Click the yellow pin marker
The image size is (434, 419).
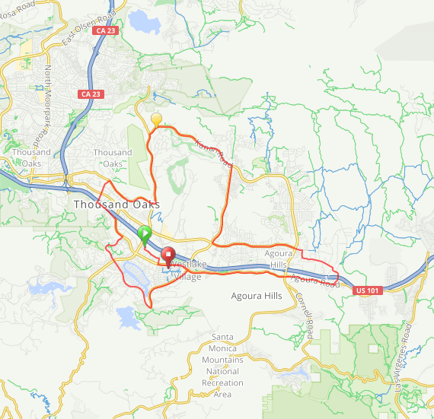pyautogui.click(x=157, y=119)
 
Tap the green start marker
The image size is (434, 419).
pyautogui.click(x=145, y=233)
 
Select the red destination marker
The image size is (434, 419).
pyautogui.click(x=168, y=256)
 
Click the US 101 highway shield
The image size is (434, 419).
pyautogui.click(x=367, y=289)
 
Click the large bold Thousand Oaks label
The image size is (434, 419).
pyautogui.click(x=117, y=205)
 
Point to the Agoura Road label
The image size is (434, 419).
pyautogui.click(x=315, y=281)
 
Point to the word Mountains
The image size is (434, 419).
pyautogui.click(x=223, y=359)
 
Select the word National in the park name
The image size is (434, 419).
pyautogui.click(x=223, y=371)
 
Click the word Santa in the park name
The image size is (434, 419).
pyautogui.click(x=223, y=336)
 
